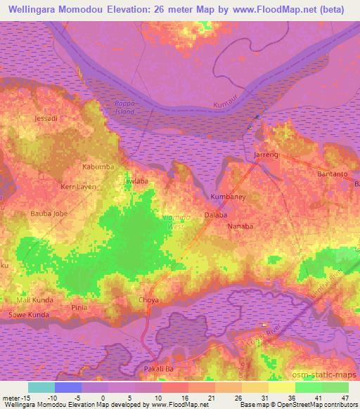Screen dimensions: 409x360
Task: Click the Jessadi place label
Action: [x=46, y=119]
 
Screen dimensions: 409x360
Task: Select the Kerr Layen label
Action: [x=77, y=188]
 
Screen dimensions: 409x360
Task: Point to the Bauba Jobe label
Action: [x=48, y=213]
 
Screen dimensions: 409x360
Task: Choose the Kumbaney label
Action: [x=228, y=197]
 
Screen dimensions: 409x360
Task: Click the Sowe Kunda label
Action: [x=28, y=316]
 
